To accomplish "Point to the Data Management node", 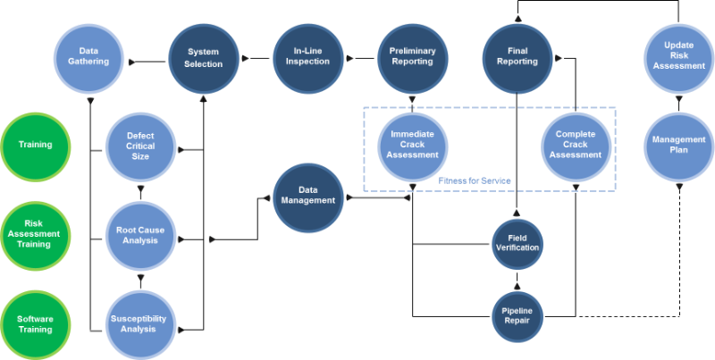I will click(x=306, y=196).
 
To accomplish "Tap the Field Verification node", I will click(x=517, y=242).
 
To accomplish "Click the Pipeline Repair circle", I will click(x=517, y=315).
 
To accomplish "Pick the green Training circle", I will click(x=36, y=145).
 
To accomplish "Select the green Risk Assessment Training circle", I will click(x=36, y=235).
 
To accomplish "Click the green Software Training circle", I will click(x=36, y=323).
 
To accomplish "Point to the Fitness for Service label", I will click(x=474, y=181).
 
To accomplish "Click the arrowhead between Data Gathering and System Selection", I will click(x=132, y=63).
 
